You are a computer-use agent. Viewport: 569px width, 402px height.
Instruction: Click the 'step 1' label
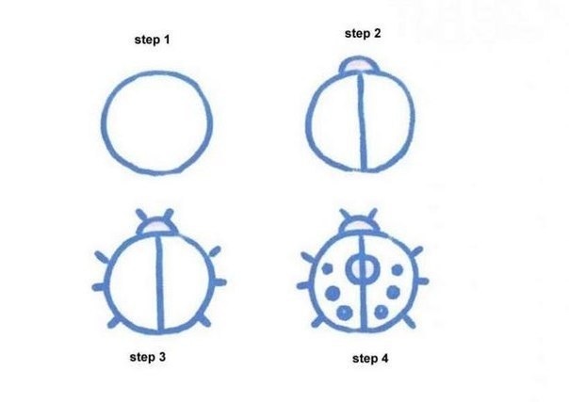tap(152, 40)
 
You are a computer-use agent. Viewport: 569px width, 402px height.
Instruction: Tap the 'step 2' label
tap(363, 33)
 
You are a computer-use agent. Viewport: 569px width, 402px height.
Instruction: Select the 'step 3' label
tap(148, 357)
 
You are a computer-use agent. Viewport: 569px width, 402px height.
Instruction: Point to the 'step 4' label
tap(370, 359)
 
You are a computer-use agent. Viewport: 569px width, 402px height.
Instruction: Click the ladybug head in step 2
tap(359, 65)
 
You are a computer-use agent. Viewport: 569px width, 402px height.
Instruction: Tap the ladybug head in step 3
tap(156, 226)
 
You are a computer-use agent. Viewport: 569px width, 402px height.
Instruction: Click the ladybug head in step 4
tap(359, 225)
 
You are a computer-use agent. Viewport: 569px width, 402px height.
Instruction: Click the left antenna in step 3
tap(141, 215)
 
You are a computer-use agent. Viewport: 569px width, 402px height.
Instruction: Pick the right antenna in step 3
tap(168, 215)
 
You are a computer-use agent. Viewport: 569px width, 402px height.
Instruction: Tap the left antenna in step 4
tap(345, 215)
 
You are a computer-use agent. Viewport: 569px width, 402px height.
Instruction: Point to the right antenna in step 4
tap(372, 215)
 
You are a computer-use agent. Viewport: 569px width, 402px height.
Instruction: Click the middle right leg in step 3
tap(219, 282)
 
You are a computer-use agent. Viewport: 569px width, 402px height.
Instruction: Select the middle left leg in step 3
tap(99, 287)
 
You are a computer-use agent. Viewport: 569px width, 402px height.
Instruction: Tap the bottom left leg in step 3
tap(113, 322)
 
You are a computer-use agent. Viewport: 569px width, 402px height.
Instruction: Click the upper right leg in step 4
tap(416, 250)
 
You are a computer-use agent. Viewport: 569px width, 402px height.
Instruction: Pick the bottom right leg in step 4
tap(410, 321)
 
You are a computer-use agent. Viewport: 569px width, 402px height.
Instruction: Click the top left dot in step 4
tap(327, 268)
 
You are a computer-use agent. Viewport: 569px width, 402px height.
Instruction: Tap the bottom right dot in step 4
tap(381, 312)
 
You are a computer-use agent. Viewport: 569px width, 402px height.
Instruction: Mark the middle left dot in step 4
tap(332, 293)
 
